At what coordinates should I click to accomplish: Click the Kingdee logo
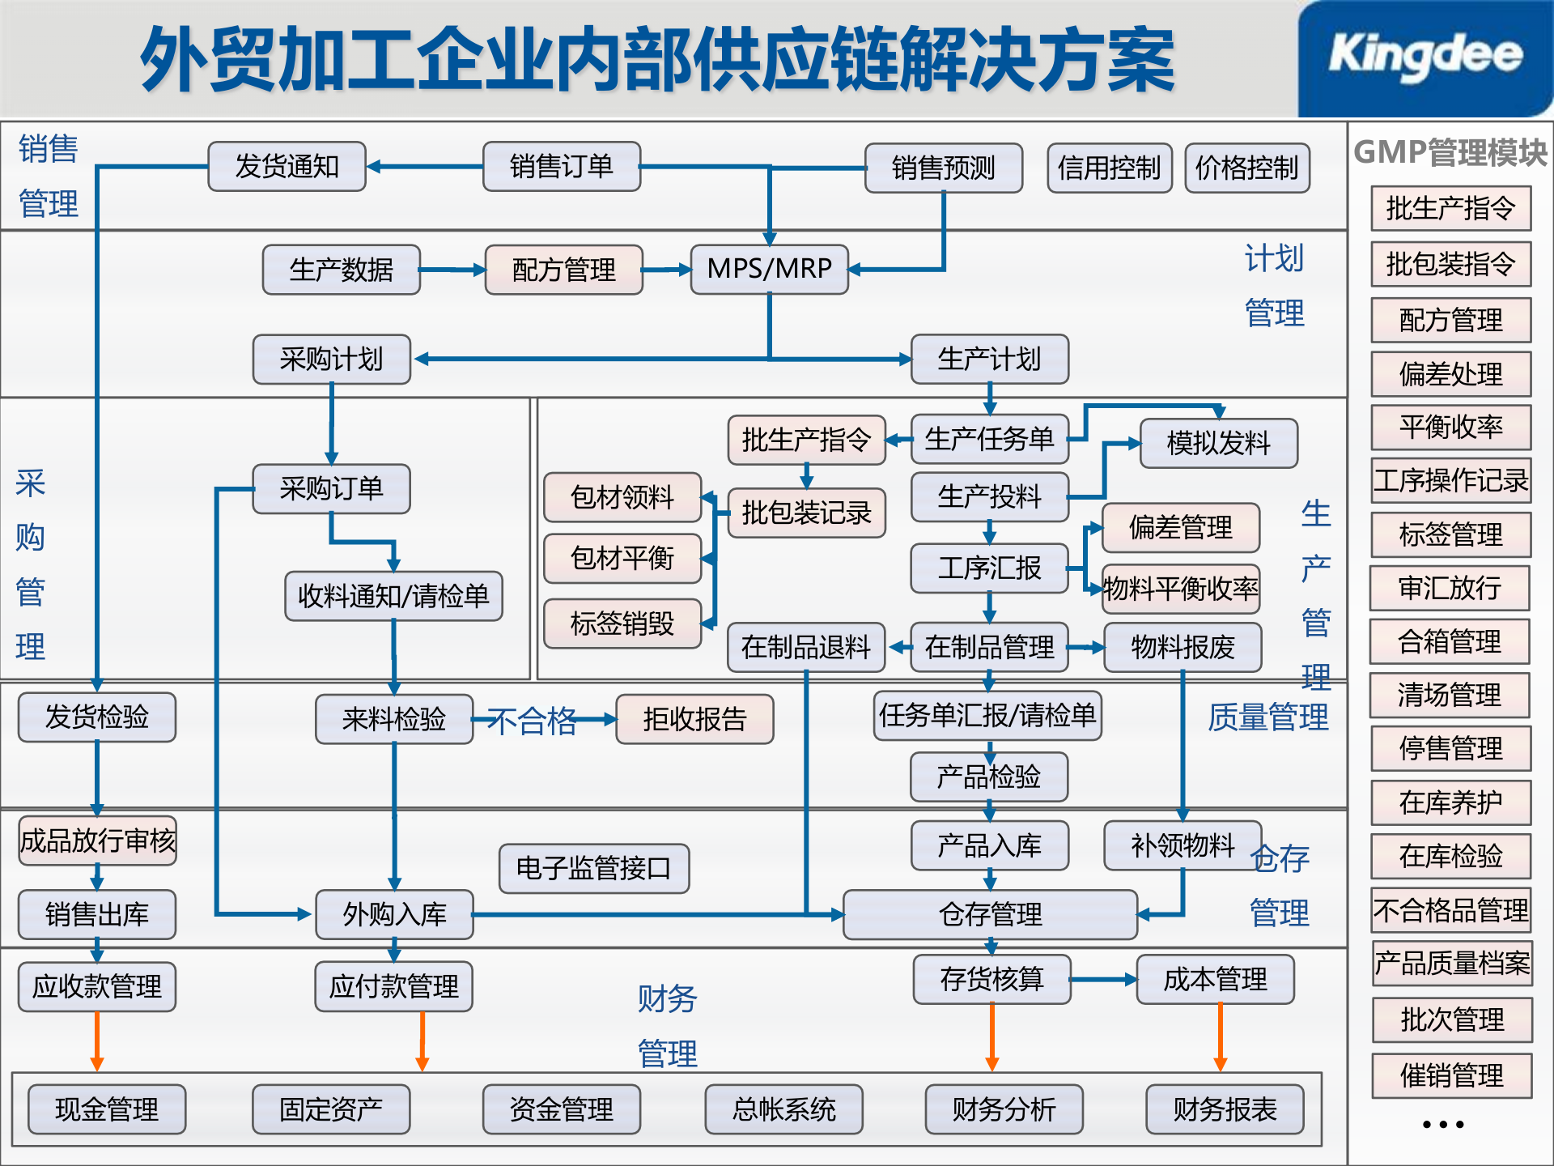(1424, 57)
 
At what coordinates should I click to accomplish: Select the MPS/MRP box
(769, 269)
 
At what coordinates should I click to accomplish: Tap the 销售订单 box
(561, 167)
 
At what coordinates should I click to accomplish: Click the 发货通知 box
(287, 167)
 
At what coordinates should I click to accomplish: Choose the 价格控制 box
(1246, 168)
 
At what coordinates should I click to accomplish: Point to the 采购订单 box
(331, 488)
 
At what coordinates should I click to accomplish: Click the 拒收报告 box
(694, 719)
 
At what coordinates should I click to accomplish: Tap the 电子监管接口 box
(593, 868)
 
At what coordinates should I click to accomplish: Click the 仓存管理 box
(990, 914)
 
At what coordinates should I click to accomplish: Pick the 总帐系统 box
(783, 1109)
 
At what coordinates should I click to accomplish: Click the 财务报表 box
(1225, 1109)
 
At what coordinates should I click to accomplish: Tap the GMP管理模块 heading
(1450, 152)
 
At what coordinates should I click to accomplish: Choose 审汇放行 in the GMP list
(1450, 588)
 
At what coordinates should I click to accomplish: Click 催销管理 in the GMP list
(1451, 1075)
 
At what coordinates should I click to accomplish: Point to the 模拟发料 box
(1218, 443)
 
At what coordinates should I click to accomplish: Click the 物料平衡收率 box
(1181, 589)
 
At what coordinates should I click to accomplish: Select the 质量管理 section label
(1267, 717)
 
